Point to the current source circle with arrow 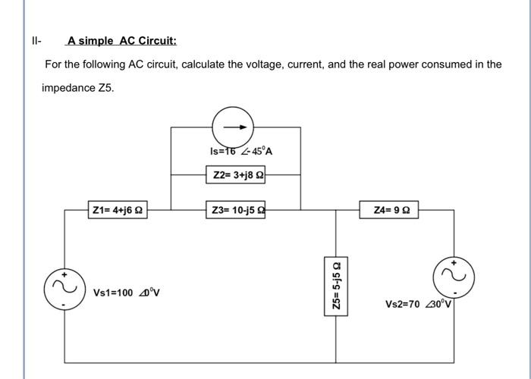click(x=234, y=127)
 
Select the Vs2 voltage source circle click(x=454, y=277)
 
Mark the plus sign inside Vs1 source click(x=64, y=274)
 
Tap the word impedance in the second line click(x=68, y=88)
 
